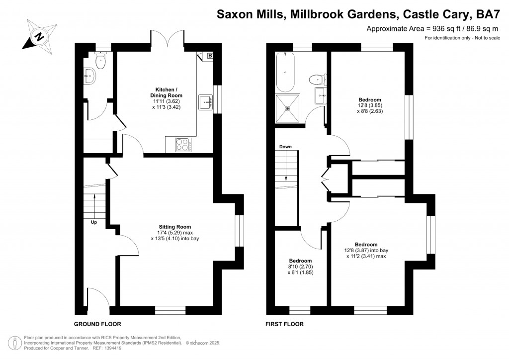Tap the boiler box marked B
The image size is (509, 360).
coord(210,56)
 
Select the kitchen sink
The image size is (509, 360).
coord(204,102)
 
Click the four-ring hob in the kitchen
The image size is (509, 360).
coord(183,145)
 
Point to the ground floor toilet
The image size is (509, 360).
coord(101,62)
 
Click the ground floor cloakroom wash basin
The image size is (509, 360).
coord(89,78)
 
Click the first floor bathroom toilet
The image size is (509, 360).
coord(316,79)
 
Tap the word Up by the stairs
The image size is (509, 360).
coord(93,222)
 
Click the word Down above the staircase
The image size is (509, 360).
coord(285,147)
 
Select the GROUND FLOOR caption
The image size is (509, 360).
coord(98,324)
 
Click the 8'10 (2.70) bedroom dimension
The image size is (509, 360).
coord(300,267)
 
